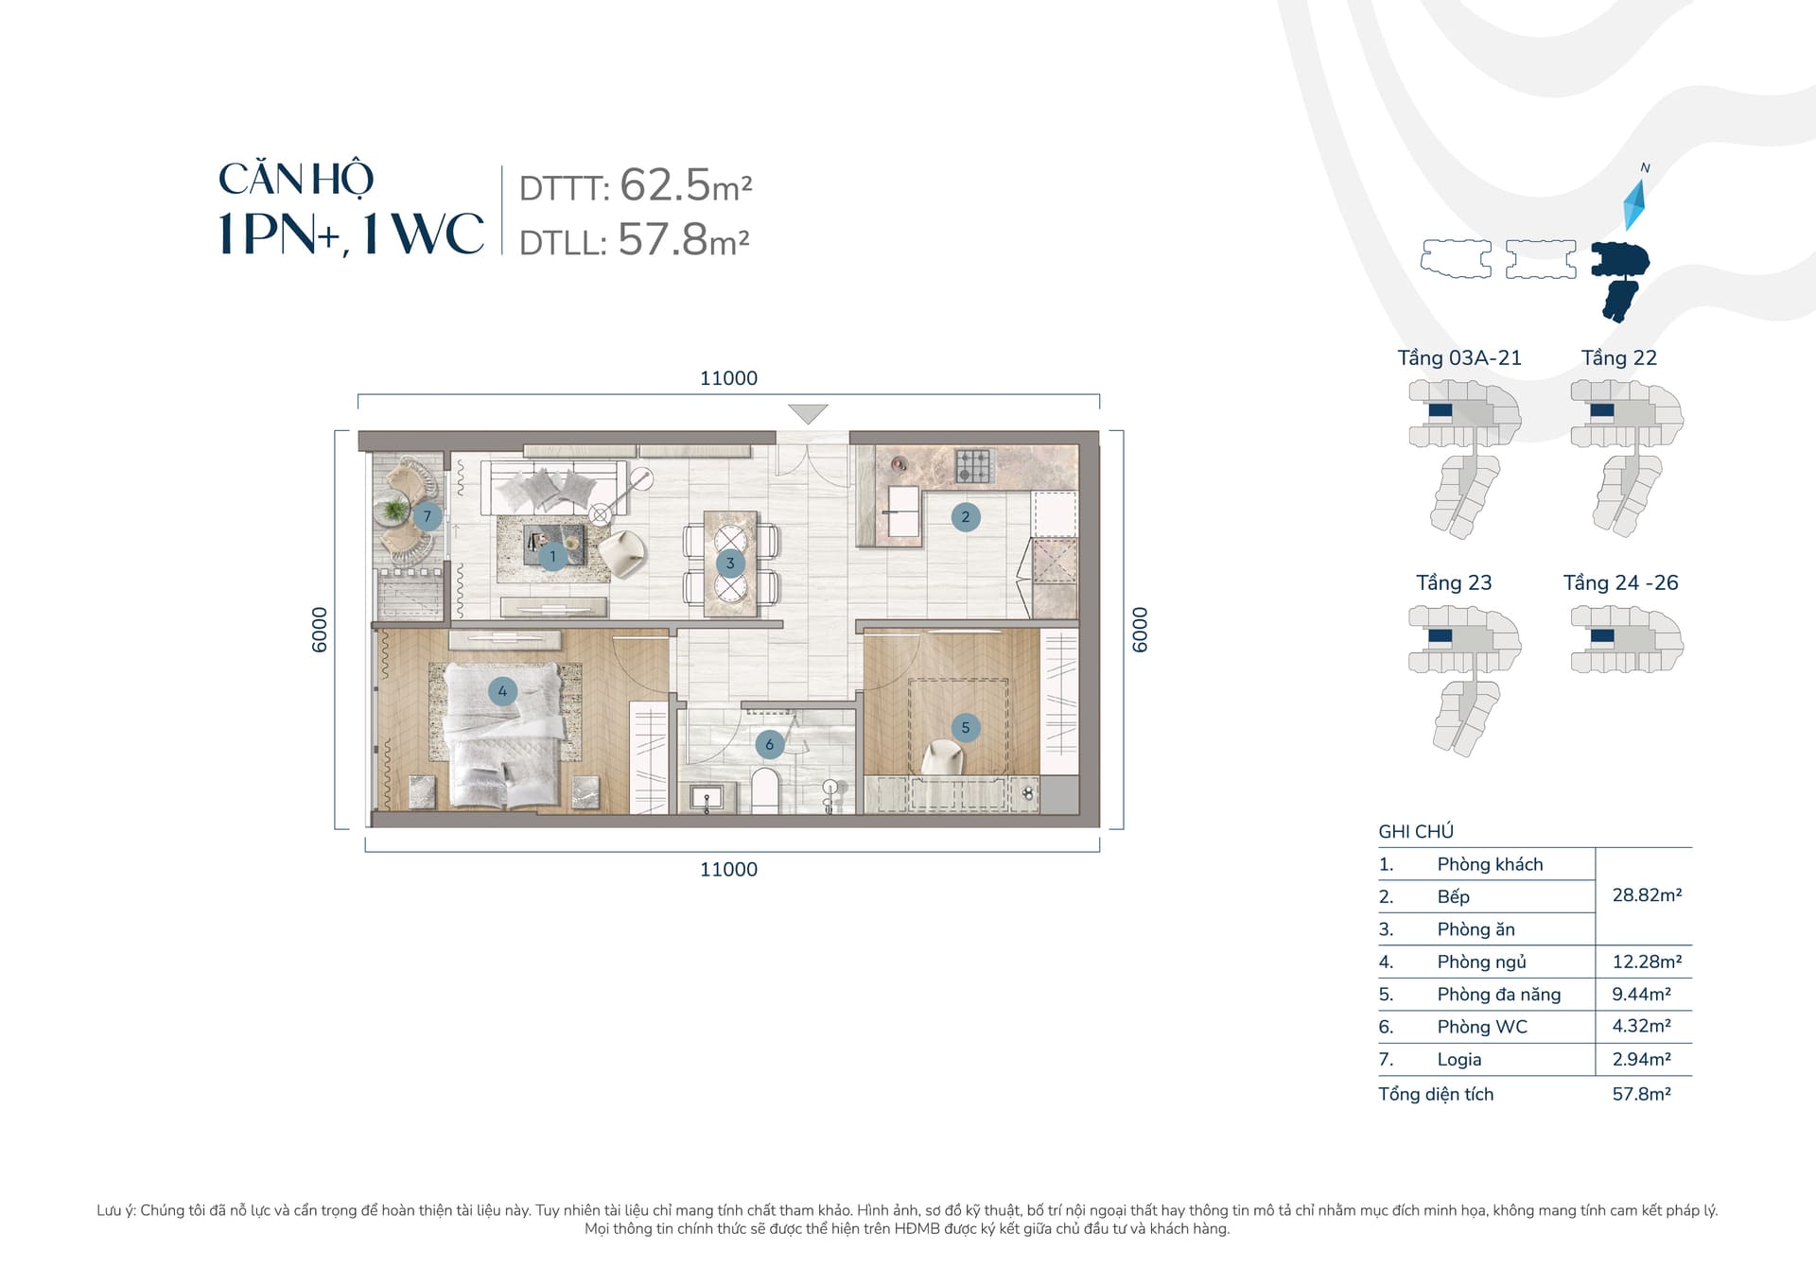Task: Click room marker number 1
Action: tap(552, 556)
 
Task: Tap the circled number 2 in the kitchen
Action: tap(965, 516)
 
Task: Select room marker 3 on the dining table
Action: tap(729, 563)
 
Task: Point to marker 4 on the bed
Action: tap(502, 691)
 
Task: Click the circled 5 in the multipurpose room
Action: tap(965, 727)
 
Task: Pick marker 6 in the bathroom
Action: tap(769, 744)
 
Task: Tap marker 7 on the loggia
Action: tap(428, 516)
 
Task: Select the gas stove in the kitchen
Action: tap(974, 465)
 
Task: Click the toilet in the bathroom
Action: tap(764, 790)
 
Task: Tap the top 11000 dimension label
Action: tap(728, 378)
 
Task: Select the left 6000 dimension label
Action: tap(320, 630)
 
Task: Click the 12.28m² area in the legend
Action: tap(1647, 962)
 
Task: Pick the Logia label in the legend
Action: tap(1459, 1060)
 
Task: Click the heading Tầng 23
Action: tap(1454, 582)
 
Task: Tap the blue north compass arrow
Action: tap(1635, 204)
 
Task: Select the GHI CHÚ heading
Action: tap(1416, 832)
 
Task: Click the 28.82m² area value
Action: tap(1647, 894)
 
